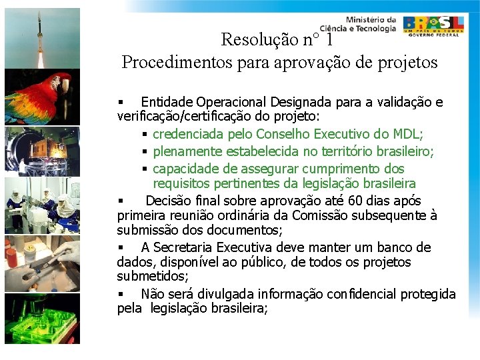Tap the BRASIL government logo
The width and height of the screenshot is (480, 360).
[x=433, y=25]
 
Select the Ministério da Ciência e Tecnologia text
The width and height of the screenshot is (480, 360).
[x=358, y=24]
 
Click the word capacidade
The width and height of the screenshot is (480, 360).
[x=185, y=169]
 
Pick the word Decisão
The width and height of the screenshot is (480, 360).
[x=169, y=200]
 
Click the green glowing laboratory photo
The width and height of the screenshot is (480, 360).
[x=42, y=319]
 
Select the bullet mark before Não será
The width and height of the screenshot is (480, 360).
[x=121, y=295]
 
